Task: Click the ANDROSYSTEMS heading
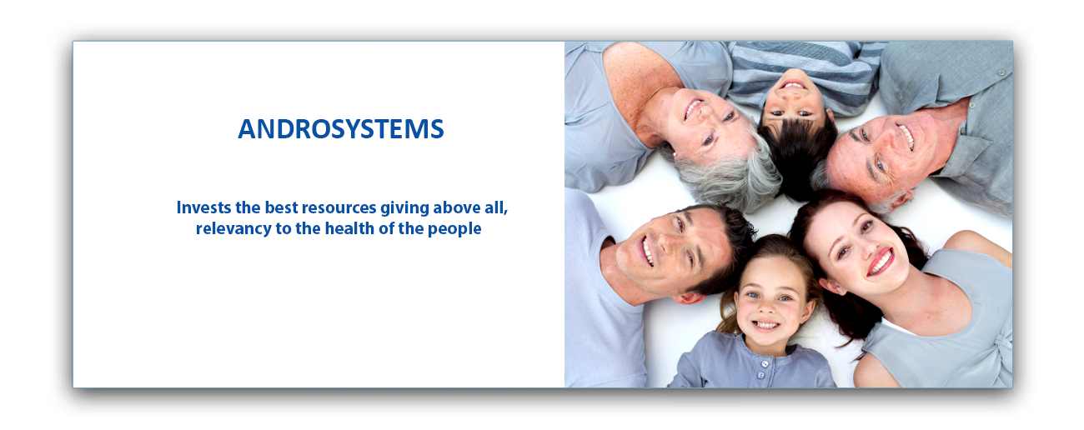[341, 129]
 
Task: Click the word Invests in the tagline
[203, 207]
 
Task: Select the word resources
[339, 208]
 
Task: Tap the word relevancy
[233, 229]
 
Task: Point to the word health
[349, 228]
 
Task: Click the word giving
[404, 208]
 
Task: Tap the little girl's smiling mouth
[765, 324]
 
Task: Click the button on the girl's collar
[765, 364]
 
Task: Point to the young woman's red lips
[880, 262]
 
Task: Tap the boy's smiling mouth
[793, 85]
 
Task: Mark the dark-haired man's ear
[688, 297]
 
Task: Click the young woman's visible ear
[832, 287]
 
